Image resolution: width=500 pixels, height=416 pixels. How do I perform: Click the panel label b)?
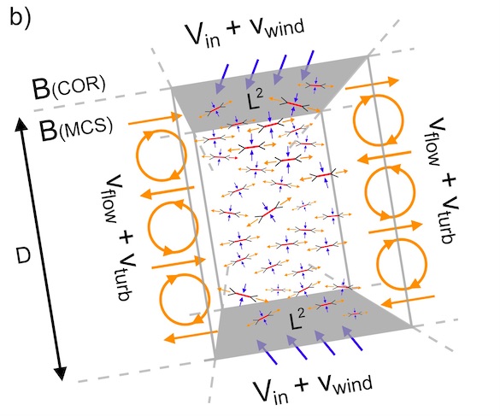pos(21,16)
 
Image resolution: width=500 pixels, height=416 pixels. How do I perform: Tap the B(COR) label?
pos(68,87)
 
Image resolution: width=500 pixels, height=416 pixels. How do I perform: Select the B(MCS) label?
pos(76,128)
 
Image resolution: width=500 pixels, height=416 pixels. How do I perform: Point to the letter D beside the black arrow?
pos(23,256)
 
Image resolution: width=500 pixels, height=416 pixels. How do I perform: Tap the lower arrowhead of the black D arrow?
pos(61,373)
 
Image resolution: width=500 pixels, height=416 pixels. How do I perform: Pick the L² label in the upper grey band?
pos(255,100)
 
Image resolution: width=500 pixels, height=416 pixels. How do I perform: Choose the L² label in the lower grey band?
pos(297,320)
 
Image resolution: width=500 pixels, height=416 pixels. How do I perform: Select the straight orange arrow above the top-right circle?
pos(372,83)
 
